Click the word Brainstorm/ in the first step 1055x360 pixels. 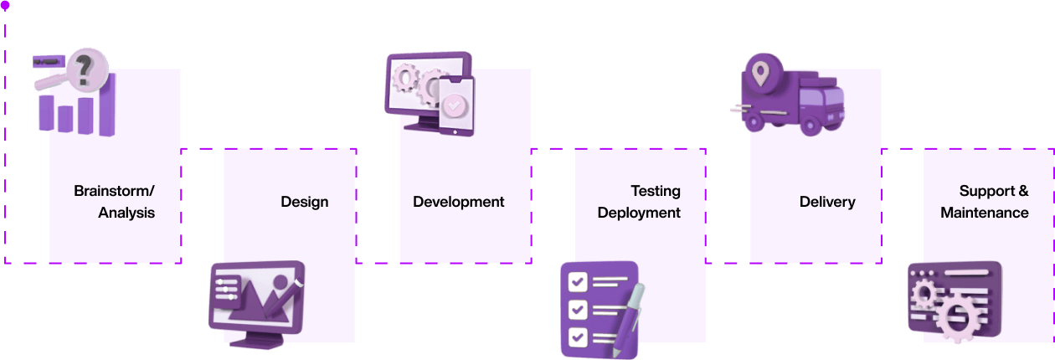[115, 191]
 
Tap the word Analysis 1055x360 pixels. [126, 213]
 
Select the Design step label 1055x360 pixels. [304, 202]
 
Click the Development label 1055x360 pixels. [458, 202]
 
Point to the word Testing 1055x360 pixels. [655, 191]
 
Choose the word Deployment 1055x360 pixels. [638, 213]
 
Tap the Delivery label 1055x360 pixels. [827, 202]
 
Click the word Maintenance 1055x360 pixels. [984, 213]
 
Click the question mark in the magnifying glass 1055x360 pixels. [84, 70]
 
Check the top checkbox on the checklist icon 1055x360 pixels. [578, 282]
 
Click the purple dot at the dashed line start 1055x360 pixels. [5, 6]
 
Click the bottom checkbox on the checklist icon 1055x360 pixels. [578, 337]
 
